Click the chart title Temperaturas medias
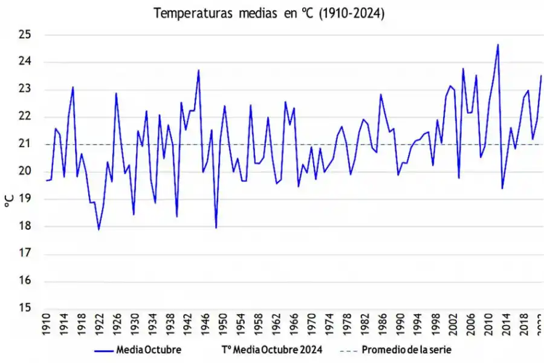coord(270,13)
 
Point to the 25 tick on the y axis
coord(25,34)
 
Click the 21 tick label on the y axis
coord(25,144)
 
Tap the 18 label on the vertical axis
coord(25,226)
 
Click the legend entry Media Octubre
coord(148,350)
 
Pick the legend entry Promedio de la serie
coord(406,350)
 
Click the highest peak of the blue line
coord(497,44)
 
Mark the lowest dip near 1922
coord(99,229)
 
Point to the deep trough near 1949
coord(216,228)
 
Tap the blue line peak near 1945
coord(198,70)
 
